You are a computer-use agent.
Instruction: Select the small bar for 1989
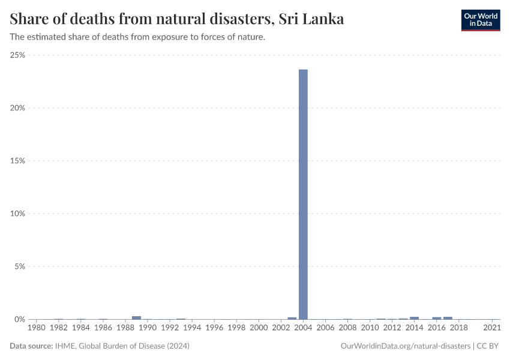coord(136,317)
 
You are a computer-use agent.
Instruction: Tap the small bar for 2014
coord(414,317)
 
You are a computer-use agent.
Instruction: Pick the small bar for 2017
coord(448,317)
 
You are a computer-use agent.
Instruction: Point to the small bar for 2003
coord(292,318)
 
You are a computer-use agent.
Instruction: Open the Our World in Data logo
coord(480,20)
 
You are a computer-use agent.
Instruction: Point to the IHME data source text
coord(122,346)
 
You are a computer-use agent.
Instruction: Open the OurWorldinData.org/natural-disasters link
coord(405,346)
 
